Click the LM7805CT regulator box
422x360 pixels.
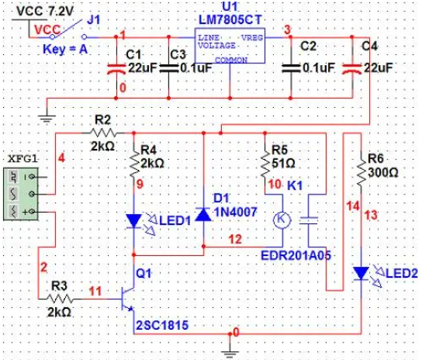point(230,46)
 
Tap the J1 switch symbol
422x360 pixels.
point(68,30)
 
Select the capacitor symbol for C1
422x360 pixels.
point(116,69)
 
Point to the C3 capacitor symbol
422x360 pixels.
point(169,68)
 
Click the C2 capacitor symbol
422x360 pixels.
point(291,68)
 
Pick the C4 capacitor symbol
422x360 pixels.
point(351,69)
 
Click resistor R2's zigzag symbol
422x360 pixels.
point(103,133)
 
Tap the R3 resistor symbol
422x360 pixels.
point(60,299)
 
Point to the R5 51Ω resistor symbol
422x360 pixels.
point(265,165)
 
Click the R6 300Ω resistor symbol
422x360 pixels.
point(361,170)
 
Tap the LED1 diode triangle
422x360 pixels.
point(133,221)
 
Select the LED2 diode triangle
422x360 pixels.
point(361,273)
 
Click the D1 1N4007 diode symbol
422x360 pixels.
point(203,214)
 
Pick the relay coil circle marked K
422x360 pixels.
point(282,220)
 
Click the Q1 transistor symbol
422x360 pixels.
point(128,299)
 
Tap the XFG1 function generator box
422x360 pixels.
point(21,194)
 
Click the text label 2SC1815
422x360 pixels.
point(162,325)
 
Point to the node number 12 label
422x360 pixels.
point(235,239)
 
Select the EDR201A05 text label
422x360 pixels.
point(296,255)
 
